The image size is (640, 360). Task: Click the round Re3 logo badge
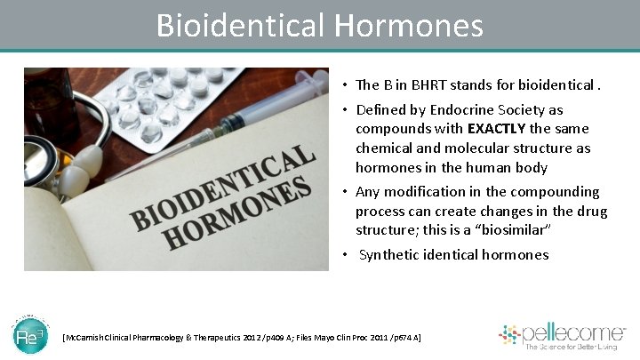pyautogui.click(x=30, y=336)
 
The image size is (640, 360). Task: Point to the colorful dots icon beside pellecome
pyautogui.click(x=508, y=335)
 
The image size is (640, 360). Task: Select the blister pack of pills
pyautogui.click(x=169, y=98)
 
